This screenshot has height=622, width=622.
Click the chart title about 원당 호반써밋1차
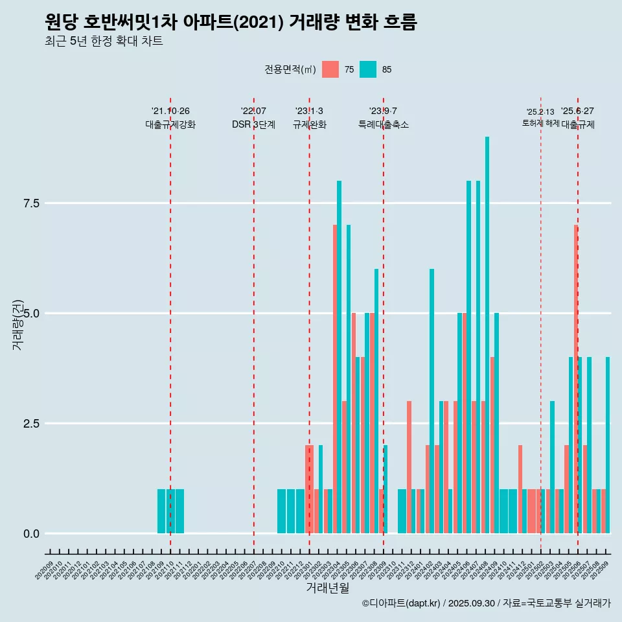(231, 23)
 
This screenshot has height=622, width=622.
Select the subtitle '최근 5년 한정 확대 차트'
(104, 41)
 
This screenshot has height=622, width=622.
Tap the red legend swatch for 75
(330, 69)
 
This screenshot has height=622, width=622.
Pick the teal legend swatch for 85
(368, 69)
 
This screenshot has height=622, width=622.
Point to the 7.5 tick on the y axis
(31, 203)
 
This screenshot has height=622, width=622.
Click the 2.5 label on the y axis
(31, 424)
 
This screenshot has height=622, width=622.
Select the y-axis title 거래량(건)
(18, 324)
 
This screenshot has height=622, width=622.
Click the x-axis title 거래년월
(327, 588)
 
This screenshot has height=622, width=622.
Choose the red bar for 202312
(409, 466)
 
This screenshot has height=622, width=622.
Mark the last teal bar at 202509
(608, 447)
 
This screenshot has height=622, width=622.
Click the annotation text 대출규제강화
(170, 124)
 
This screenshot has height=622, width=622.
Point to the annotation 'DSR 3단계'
(253, 124)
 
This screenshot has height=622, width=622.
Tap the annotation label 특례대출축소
(384, 124)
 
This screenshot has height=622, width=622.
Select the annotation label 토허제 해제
(540, 123)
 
